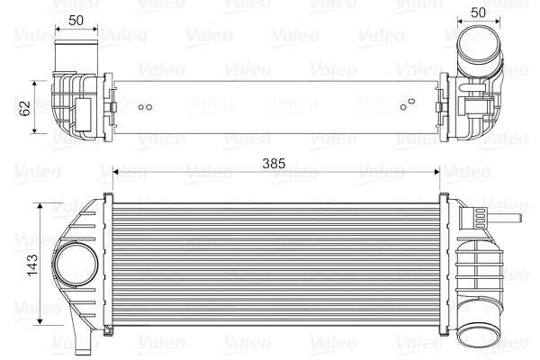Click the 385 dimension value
pos(274,163)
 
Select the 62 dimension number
pos(25,106)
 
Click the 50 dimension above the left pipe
pos(76,19)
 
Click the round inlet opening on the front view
pos(75,266)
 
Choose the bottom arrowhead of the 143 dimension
pos(40,319)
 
